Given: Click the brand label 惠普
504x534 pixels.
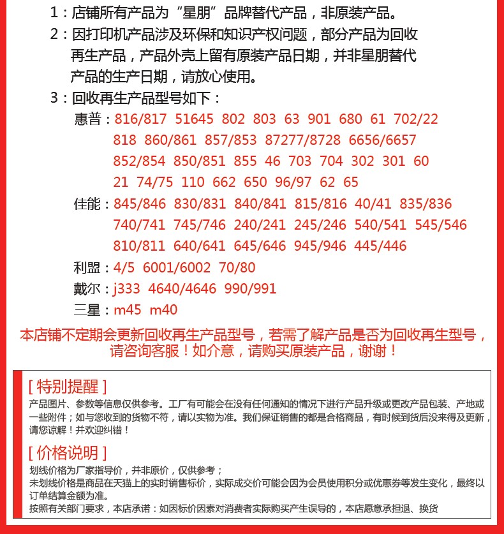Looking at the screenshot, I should pyautogui.click(x=88, y=119).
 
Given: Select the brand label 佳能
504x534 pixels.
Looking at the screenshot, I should pyautogui.click(x=88, y=204).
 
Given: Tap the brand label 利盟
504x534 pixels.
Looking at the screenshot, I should pyautogui.click(x=88, y=267).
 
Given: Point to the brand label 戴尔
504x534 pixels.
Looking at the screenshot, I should pyautogui.click(x=88, y=289).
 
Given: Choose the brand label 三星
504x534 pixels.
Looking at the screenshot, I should pyautogui.click(x=88, y=311).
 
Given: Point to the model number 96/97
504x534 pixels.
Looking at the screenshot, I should pyautogui.click(x=293, y=182).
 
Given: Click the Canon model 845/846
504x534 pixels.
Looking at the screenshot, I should pyautogui.click(x=139, y=204).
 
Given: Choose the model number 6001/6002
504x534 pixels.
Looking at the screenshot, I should pyautogui.click(x=176, y=267).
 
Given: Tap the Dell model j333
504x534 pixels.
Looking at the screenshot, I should pyautogui.click(x=127, y=289).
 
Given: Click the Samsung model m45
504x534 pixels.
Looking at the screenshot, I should pyautogui.click(x=128, y=311).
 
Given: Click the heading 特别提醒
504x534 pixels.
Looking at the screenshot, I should pyautogui.click(x=67, y=386).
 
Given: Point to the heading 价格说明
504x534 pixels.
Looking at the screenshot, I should pyautogui.click(x=67, y=453).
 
